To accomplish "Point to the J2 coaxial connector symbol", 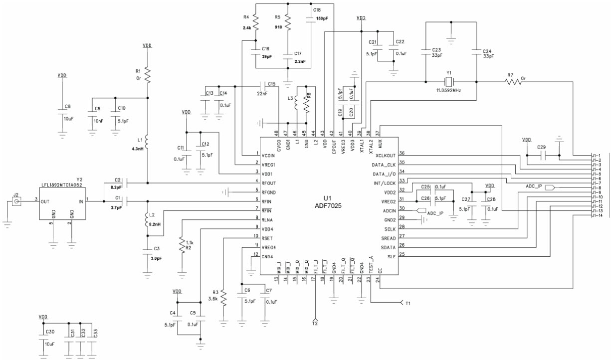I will (16, 201).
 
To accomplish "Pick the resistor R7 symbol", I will (514, 82).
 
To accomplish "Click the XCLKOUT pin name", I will (385, 156).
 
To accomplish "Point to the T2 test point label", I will (315, 323).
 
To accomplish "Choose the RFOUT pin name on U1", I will (270, 183).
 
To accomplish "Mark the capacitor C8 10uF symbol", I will (62, 112).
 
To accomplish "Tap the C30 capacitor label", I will (50, 332).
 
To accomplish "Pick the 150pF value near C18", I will (322, 18).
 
